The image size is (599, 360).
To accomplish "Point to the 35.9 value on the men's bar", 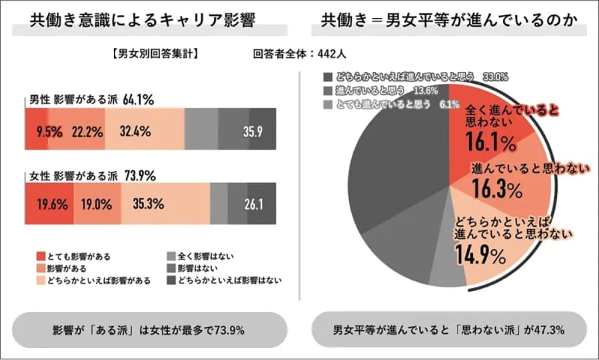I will click(x=253, y=131).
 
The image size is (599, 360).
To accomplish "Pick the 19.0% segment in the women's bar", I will click(x=95, y=202).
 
